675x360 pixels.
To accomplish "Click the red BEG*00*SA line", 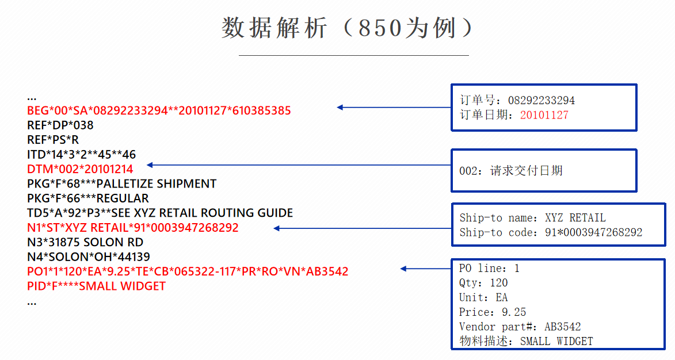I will [159, 110].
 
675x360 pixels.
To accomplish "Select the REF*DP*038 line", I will [60, 125].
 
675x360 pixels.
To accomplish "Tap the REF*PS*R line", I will [53, 140].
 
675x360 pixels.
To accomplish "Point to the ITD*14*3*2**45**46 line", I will [81, 154].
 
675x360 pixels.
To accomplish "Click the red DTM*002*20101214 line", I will [80, 169].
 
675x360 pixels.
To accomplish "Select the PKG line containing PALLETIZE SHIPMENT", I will [121, 184].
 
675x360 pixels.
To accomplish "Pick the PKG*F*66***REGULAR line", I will [87, 198].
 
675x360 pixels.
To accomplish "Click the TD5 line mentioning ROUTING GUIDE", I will [160, 213].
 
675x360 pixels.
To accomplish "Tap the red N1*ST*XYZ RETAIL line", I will [132, 228].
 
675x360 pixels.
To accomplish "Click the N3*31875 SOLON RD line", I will [85, 242].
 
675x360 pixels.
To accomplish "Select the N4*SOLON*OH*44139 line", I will [89, 256].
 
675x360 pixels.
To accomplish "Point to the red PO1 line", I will [188, 271].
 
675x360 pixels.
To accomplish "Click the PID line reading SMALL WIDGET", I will [96, 286].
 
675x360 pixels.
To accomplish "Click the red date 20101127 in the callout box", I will [544, 115].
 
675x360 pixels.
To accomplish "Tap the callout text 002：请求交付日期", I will [510, 171].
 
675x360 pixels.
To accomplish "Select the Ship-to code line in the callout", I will [551, 233].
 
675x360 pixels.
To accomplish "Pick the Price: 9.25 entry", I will [493, 312].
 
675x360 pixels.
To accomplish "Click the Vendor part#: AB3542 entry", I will [520, 327].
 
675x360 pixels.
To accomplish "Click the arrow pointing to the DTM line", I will [299, 166].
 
